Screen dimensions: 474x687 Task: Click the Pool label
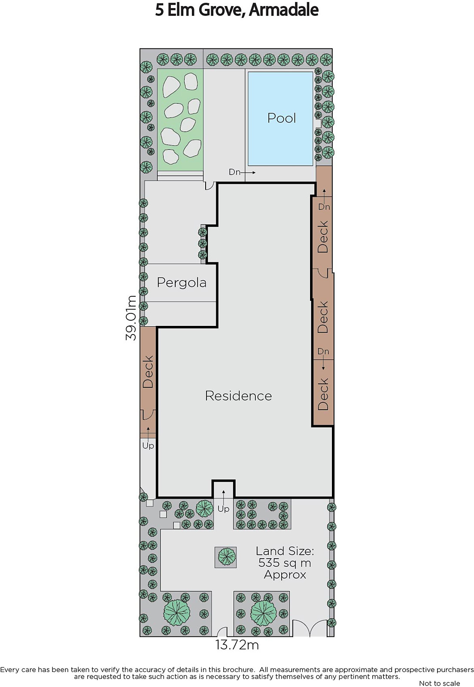[282, 118]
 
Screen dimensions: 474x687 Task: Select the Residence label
[238, 395]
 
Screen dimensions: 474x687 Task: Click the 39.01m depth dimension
[131, 317]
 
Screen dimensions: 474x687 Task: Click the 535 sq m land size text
[285, 563]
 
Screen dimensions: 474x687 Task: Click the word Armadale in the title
[284, 10]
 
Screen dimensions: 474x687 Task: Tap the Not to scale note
[439, 683]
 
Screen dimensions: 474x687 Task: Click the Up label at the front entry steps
[223, 509]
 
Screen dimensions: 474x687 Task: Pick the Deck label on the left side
[148, 371]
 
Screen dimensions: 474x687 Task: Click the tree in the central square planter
[226, 556]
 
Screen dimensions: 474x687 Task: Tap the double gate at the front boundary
[310, 628]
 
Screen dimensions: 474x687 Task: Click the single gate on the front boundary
[222, 632]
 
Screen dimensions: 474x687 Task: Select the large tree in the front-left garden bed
[176, 613]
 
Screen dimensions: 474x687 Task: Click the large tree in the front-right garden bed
[263, 613]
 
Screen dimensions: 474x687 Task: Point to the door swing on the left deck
[147, 413]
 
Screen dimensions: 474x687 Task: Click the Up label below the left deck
[148, 445]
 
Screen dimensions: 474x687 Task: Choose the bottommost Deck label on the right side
[323, 394]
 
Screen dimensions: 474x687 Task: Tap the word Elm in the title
[182, 10]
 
